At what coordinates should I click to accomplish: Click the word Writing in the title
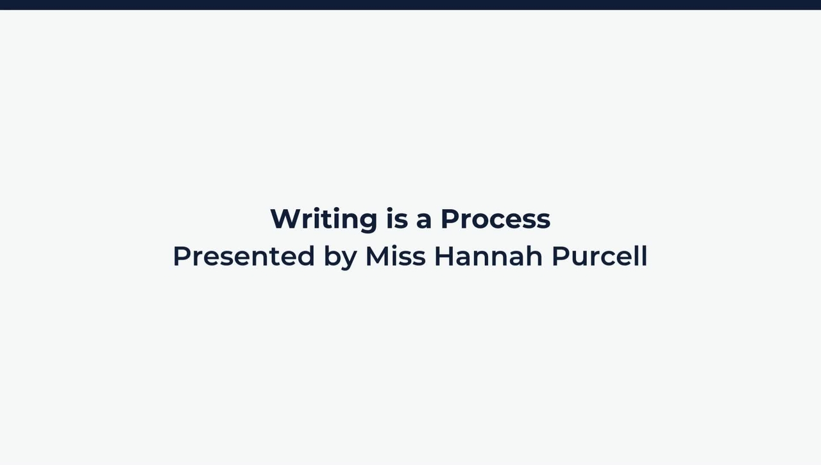(x=323, y=219)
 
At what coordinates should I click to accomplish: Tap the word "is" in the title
(x=397, y=219)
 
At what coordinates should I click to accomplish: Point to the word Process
(x=495, y=219)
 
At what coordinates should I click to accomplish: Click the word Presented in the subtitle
(x=244, y=256)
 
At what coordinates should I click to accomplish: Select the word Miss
(x=395, y=256)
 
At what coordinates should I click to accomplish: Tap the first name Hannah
(x=488, y=256)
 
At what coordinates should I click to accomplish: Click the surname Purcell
(x=599, y=256)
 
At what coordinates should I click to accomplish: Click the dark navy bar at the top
(x=410, y=4)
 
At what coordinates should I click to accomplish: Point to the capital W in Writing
(x=285, y=219)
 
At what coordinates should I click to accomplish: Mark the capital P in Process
(x=450, y=219)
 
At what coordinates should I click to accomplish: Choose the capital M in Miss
(x=377, y=256)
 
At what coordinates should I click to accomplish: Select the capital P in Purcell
(x=561, y=256)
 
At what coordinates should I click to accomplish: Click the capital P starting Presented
(x=182, y=256)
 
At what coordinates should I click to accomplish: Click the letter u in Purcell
(x=582, y=258)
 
